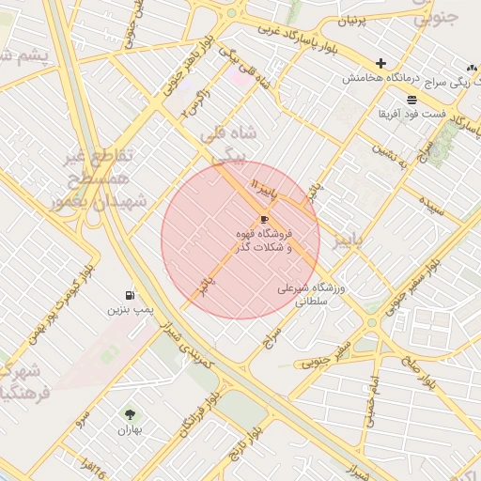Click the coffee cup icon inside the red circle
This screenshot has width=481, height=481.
262,219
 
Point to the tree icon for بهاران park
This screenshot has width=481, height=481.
129,413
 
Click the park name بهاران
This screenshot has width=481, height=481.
129,429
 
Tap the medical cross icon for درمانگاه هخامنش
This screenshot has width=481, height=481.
380,63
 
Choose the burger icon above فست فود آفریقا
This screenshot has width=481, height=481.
411,100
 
